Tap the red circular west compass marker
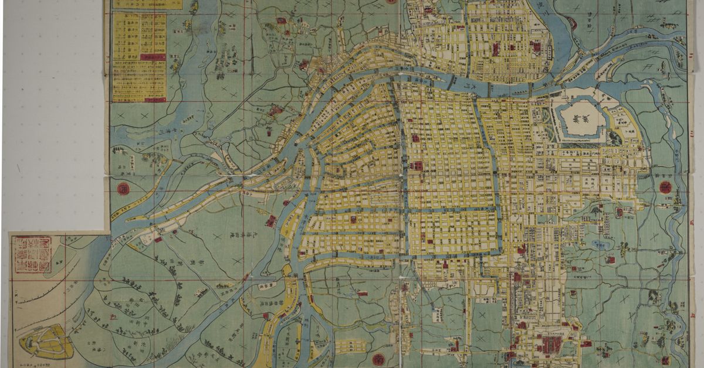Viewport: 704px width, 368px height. point(124,189)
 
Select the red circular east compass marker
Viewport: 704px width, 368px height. point(665,187)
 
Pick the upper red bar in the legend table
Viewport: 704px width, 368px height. point(153,57)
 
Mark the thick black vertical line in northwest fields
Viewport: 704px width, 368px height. point(253,47)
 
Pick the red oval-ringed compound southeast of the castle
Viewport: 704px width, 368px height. point(618,213)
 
